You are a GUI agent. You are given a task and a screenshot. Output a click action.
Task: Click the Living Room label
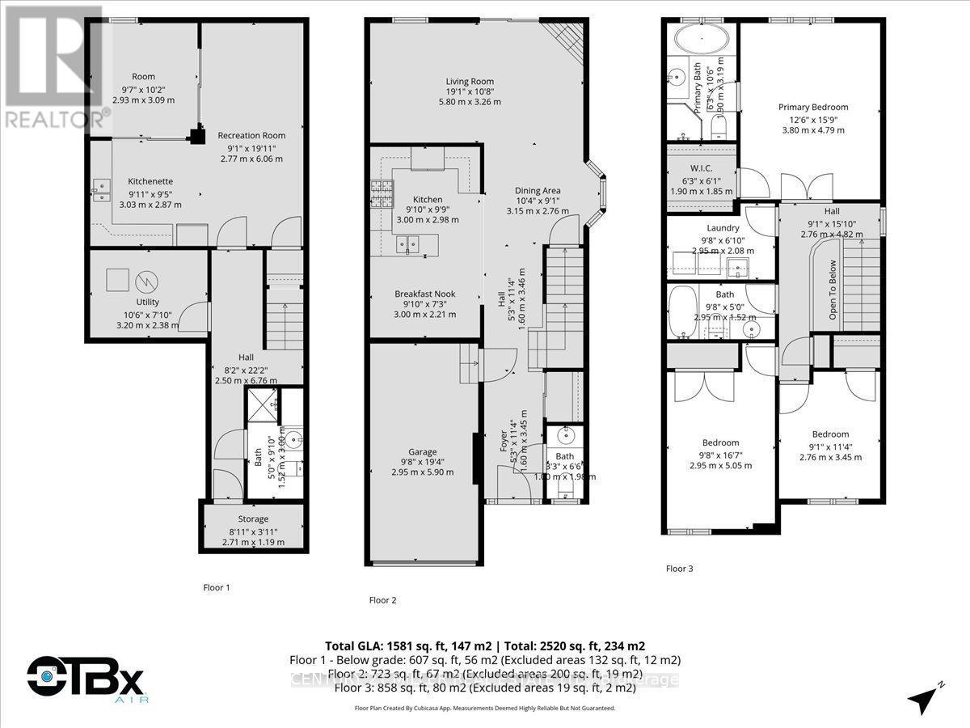(470, 81)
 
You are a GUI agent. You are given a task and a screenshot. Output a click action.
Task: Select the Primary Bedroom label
(813, 107)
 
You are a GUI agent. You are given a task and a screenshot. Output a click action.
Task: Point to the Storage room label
(253, 518)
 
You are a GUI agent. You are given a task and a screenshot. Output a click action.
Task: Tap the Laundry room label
(723, 228)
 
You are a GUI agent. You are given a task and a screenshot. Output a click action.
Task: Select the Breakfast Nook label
(424, 294)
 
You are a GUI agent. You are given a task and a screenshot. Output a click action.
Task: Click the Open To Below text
(832, 289)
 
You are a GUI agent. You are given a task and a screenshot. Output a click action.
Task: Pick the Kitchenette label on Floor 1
(151, 181)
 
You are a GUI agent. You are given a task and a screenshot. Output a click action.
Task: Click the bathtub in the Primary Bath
(701, 39)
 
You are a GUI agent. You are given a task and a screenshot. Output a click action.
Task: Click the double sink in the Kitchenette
(101, 191)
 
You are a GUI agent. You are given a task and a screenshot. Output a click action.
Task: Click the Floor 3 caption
(679, 569)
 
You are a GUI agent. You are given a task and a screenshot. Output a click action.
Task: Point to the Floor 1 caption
(217, 587)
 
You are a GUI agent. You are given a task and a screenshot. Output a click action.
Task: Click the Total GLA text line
(485, 645)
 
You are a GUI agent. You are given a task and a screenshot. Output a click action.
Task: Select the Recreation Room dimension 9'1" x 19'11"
(251, 147)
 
